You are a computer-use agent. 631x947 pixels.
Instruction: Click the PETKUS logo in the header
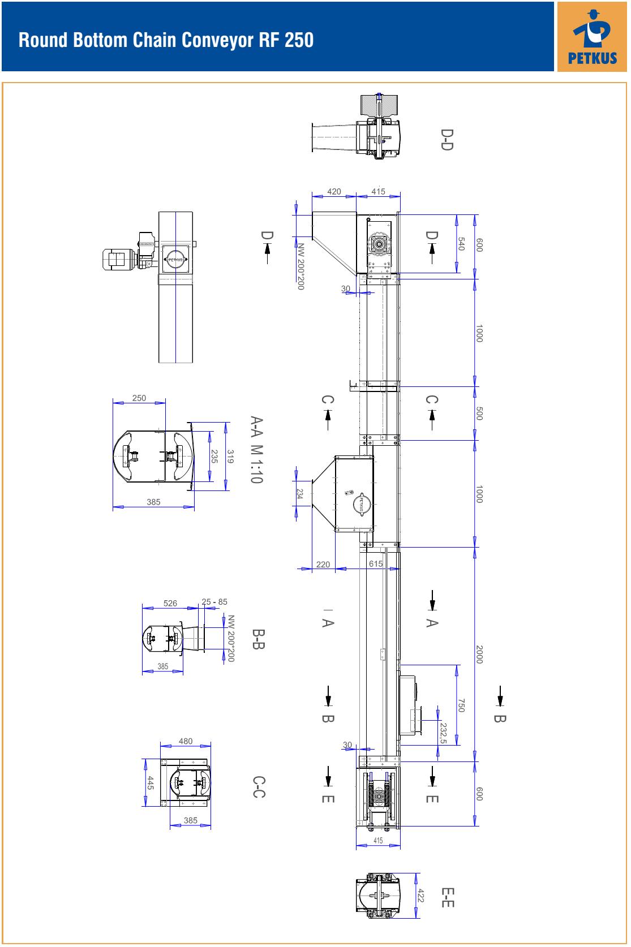591,37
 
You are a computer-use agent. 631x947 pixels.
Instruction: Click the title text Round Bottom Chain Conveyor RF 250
166,40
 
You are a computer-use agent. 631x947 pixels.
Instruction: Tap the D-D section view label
447,140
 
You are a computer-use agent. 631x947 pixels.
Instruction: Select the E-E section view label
448,898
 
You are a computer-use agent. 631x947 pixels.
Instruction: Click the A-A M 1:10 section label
257,449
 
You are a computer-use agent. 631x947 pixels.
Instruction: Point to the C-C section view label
259,787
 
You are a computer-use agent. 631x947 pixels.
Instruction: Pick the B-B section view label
259,639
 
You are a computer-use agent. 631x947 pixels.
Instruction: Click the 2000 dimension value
479,655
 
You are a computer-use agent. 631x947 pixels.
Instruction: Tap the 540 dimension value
461,243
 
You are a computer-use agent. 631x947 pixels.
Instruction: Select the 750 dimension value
461,705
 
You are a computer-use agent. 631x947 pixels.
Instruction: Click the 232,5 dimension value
443,733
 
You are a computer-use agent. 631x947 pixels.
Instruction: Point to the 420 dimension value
334,192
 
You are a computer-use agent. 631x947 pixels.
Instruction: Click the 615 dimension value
376,563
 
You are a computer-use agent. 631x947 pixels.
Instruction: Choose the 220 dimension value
323,565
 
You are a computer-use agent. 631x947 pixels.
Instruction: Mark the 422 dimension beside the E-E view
421,896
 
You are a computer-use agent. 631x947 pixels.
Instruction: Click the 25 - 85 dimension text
214,601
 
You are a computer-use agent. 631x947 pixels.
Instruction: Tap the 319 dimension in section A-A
230,456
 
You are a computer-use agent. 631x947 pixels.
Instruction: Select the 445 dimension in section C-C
151,782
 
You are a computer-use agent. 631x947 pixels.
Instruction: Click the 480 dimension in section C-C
186,741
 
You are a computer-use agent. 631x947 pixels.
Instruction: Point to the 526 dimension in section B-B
170,603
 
